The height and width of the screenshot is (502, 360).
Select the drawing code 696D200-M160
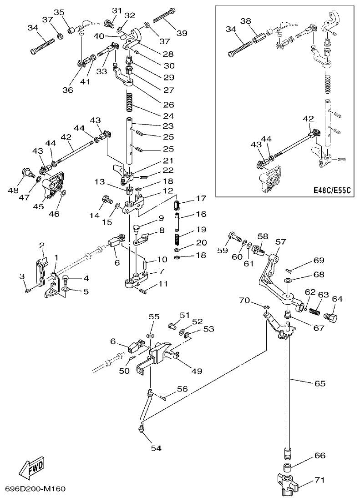pyautogui.click(x=35, y=489)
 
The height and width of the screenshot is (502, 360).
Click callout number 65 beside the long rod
pyautogui.click(x=319, y=383)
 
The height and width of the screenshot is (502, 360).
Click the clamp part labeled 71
pyautogui.click(x=287, y=485)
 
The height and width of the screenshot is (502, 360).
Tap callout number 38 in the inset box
pyautogui.click(x=245, y=21)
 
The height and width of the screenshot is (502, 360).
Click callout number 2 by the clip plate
pyautogui.click(x=41, y=246)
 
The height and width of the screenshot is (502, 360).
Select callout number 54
pyautogui.click(x=157, y=448)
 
